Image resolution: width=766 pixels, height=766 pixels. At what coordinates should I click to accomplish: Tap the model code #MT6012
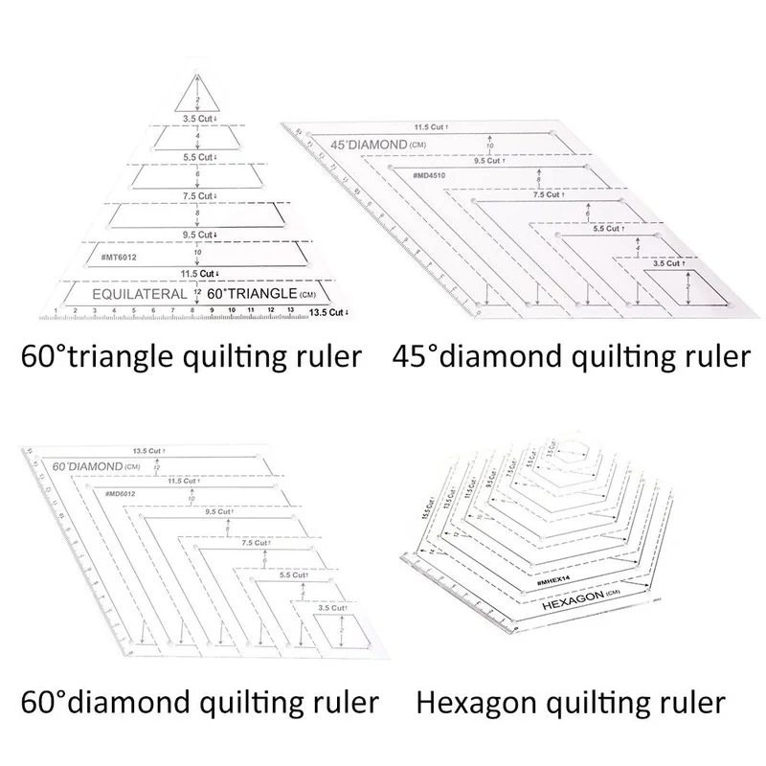click(x=118, y=258)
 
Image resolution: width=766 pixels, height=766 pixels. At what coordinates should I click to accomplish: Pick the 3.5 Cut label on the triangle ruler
click(x=197, y=120)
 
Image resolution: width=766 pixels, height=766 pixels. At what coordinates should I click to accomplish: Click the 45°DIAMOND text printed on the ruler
click(x=368, y=146)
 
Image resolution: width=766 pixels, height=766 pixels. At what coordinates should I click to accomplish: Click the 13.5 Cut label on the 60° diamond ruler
click(x=148, y=449)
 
